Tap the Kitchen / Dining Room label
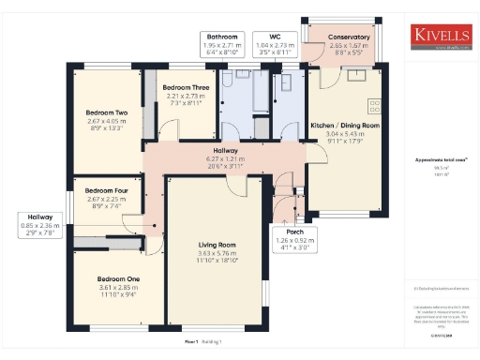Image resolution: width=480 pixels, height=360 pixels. click(344, 125)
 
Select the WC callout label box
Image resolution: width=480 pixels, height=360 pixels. click(277, 43)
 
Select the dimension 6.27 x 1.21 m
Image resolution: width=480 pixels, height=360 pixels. click(225, 158)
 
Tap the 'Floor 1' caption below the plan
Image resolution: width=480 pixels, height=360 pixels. click(191, 343)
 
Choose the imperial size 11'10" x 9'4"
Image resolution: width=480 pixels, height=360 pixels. click(118, 294)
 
